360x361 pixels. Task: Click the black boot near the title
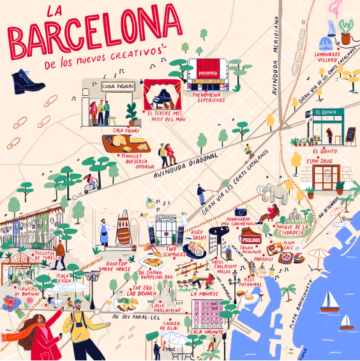[x=27, y=81]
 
